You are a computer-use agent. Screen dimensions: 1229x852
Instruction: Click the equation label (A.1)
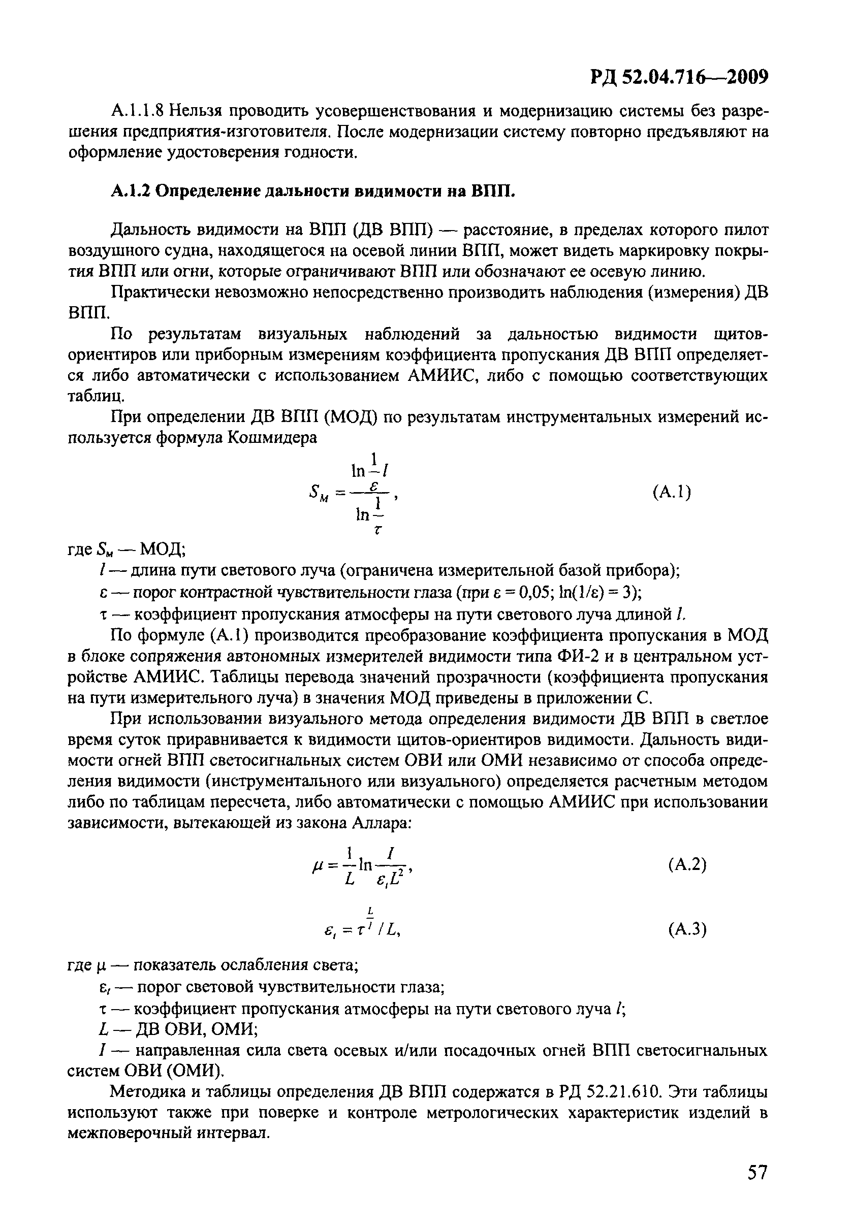[x=672, y=492]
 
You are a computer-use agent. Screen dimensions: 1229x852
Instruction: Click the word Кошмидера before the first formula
[x=272, y=438]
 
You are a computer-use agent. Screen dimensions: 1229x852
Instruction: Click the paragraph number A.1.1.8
[x=137, y=111]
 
